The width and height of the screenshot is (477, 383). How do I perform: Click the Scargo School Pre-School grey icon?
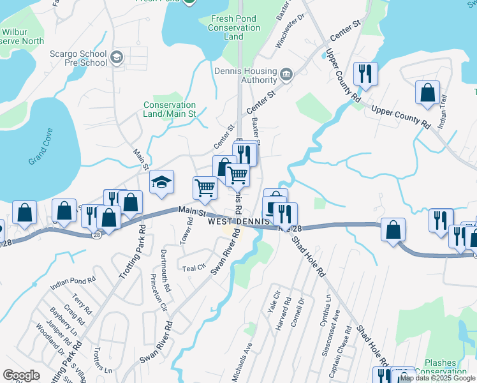tap(116, 58)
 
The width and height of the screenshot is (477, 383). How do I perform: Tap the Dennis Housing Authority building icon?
tap(285, 76)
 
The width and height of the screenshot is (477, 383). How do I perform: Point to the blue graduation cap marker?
tap(162, 183)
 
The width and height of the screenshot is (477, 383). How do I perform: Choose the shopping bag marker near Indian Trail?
tap(427, 93)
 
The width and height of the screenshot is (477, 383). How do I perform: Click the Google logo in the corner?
tap(21, 375)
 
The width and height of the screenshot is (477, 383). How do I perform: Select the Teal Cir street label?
tap(194, 268)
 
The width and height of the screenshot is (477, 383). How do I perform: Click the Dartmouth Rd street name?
tap(165, 279)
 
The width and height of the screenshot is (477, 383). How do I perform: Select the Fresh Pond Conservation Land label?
tap(234, 27)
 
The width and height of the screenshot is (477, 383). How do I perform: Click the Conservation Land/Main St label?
tap(170, 109)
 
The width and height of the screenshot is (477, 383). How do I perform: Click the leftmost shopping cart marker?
tap(205, 188)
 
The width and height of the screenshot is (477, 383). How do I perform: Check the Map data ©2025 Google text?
tap(437, 378)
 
